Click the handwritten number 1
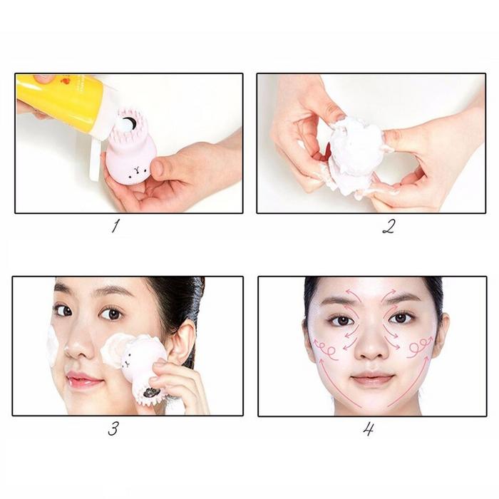click(x=115, y=226)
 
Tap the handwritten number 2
click(x=389, y=226)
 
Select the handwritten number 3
click(x=113, y=428)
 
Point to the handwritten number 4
click(x=369, y=429)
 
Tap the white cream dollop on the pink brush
click(x=127, y=123)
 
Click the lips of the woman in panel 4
click(x=372, y=378)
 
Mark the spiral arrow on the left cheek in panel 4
click(x=325, y=349)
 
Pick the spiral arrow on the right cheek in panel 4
click(x=420, y=348)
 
